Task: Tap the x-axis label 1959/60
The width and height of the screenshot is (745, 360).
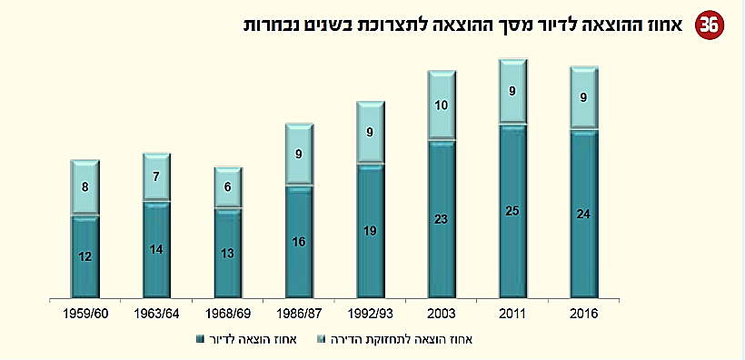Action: point(84,314)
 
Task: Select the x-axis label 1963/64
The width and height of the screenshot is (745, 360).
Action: point(155,314)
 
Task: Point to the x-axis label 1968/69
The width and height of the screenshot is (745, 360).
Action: point(227,314)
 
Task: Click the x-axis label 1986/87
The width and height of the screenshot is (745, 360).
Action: point(299,314)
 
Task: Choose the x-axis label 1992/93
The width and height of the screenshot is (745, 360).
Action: point(370,314)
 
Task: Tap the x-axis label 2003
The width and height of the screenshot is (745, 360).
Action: point(442,314)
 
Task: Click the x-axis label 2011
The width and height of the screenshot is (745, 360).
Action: point(512,314)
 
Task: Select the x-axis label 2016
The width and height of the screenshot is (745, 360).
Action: point(583,314)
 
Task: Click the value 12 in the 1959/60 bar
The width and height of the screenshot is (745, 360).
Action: point(84,257)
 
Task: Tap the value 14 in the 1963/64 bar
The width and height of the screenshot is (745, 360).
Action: point(155,250)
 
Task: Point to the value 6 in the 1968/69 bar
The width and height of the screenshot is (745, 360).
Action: point(227,188)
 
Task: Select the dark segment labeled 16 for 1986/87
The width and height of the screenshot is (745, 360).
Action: point(299,243)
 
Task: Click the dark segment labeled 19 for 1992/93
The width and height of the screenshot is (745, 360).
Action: point(370,231)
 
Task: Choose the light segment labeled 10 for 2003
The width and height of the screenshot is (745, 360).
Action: point(442,105)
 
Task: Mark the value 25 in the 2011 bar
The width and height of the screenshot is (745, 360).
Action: point(512,212)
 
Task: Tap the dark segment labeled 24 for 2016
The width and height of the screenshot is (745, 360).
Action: point(583,215)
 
